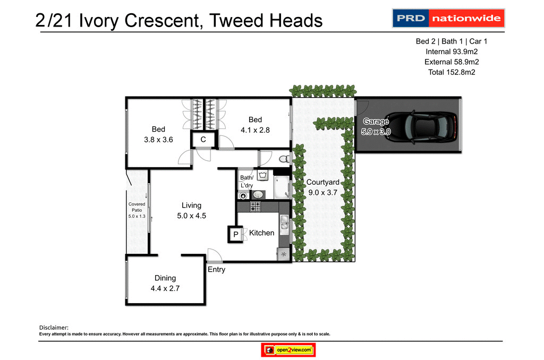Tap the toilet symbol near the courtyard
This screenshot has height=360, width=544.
pos(284,158)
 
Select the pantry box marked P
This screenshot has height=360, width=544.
pos(234,234)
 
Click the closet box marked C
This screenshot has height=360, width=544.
pos(203,140)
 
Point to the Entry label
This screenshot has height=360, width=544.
pos(216,269)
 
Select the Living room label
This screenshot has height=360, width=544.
pos(191,205)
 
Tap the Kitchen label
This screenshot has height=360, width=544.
pos(261,233)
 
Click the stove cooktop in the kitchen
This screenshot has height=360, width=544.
pos(256,207)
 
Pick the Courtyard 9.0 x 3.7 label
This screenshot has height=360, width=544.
pos(323,187)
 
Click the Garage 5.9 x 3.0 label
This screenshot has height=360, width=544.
pos(376,126)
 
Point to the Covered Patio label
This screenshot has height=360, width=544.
pos(137,210)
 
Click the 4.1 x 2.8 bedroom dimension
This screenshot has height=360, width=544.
pos(255,129)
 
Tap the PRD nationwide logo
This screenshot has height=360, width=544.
pos(448,19)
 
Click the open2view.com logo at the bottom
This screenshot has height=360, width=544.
pos(289,350)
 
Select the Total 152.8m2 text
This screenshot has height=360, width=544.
pos(451,72)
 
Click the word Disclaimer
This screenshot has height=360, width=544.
pos(54,328)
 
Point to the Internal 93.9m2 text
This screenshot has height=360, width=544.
pos(451,52)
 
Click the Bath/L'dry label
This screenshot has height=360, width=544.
pos(246,181)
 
